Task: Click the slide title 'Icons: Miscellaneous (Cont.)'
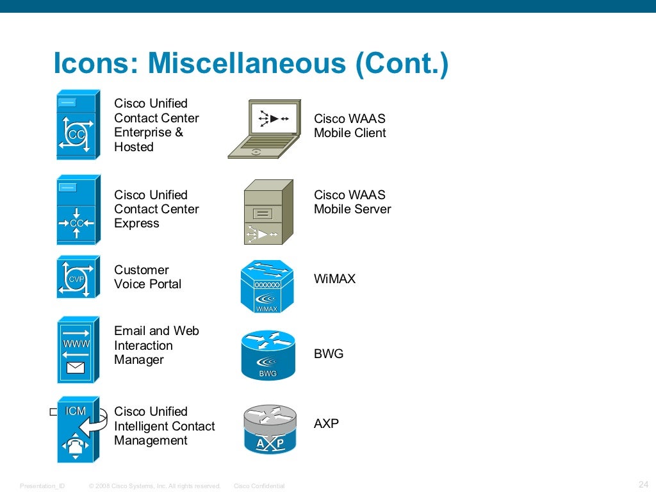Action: [x=250, y=64]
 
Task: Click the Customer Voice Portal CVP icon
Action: [x=78, y=277]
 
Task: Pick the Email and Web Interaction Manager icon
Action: [x=78, y=350]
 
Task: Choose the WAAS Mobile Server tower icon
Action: [x=268, y=212]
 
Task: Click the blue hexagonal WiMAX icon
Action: [x=267, y=286]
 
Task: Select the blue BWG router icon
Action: [x=268, y=355]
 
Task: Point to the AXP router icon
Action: [x=270, y=429]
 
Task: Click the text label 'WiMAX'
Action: [x=334, y=279]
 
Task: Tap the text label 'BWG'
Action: [x=329, y=354]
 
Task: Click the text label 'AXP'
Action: [x=326, y=423]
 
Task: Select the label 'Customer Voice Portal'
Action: [x=147, y=277]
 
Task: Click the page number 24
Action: [x=644, y=484]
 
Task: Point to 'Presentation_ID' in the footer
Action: [x=42, y=486]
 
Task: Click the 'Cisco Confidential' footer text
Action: [x=259, y=486]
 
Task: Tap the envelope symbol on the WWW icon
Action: [x=76, y=368]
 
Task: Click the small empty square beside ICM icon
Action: [x=53, y=413]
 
